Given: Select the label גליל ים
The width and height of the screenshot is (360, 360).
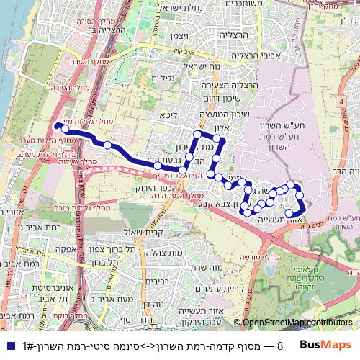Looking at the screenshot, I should tap(164, 78).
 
